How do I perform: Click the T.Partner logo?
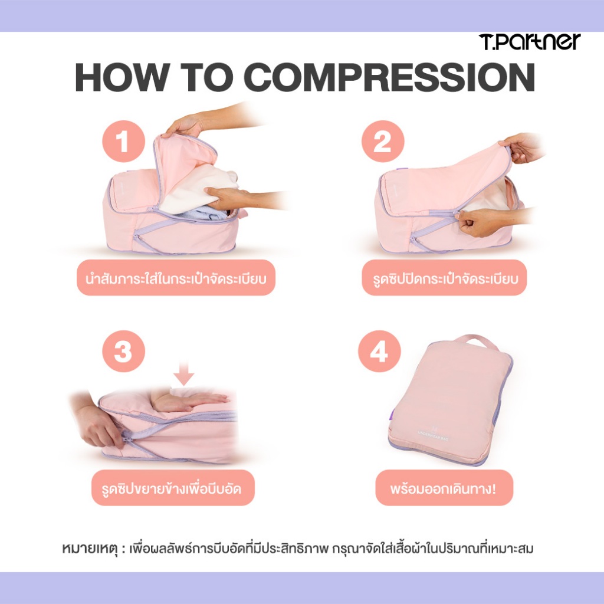[x=530, y=42]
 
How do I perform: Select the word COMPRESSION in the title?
[x=389, y=77]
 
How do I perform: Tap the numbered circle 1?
[x=123, y=141]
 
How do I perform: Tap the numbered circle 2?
[x=382, y=141]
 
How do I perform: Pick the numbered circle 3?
[x=123, y=351]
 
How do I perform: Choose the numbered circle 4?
[x=379, y=351]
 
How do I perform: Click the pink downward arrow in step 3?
[x=184, y=373]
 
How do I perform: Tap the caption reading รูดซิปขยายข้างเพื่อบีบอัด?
[x=173, y=488]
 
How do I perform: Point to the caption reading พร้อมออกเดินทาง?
[x=444, y=488]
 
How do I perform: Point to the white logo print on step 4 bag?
[x=433, y=435]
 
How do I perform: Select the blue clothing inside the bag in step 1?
[x=202, y=214]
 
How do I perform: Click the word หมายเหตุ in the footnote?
[x=90, y=549]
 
